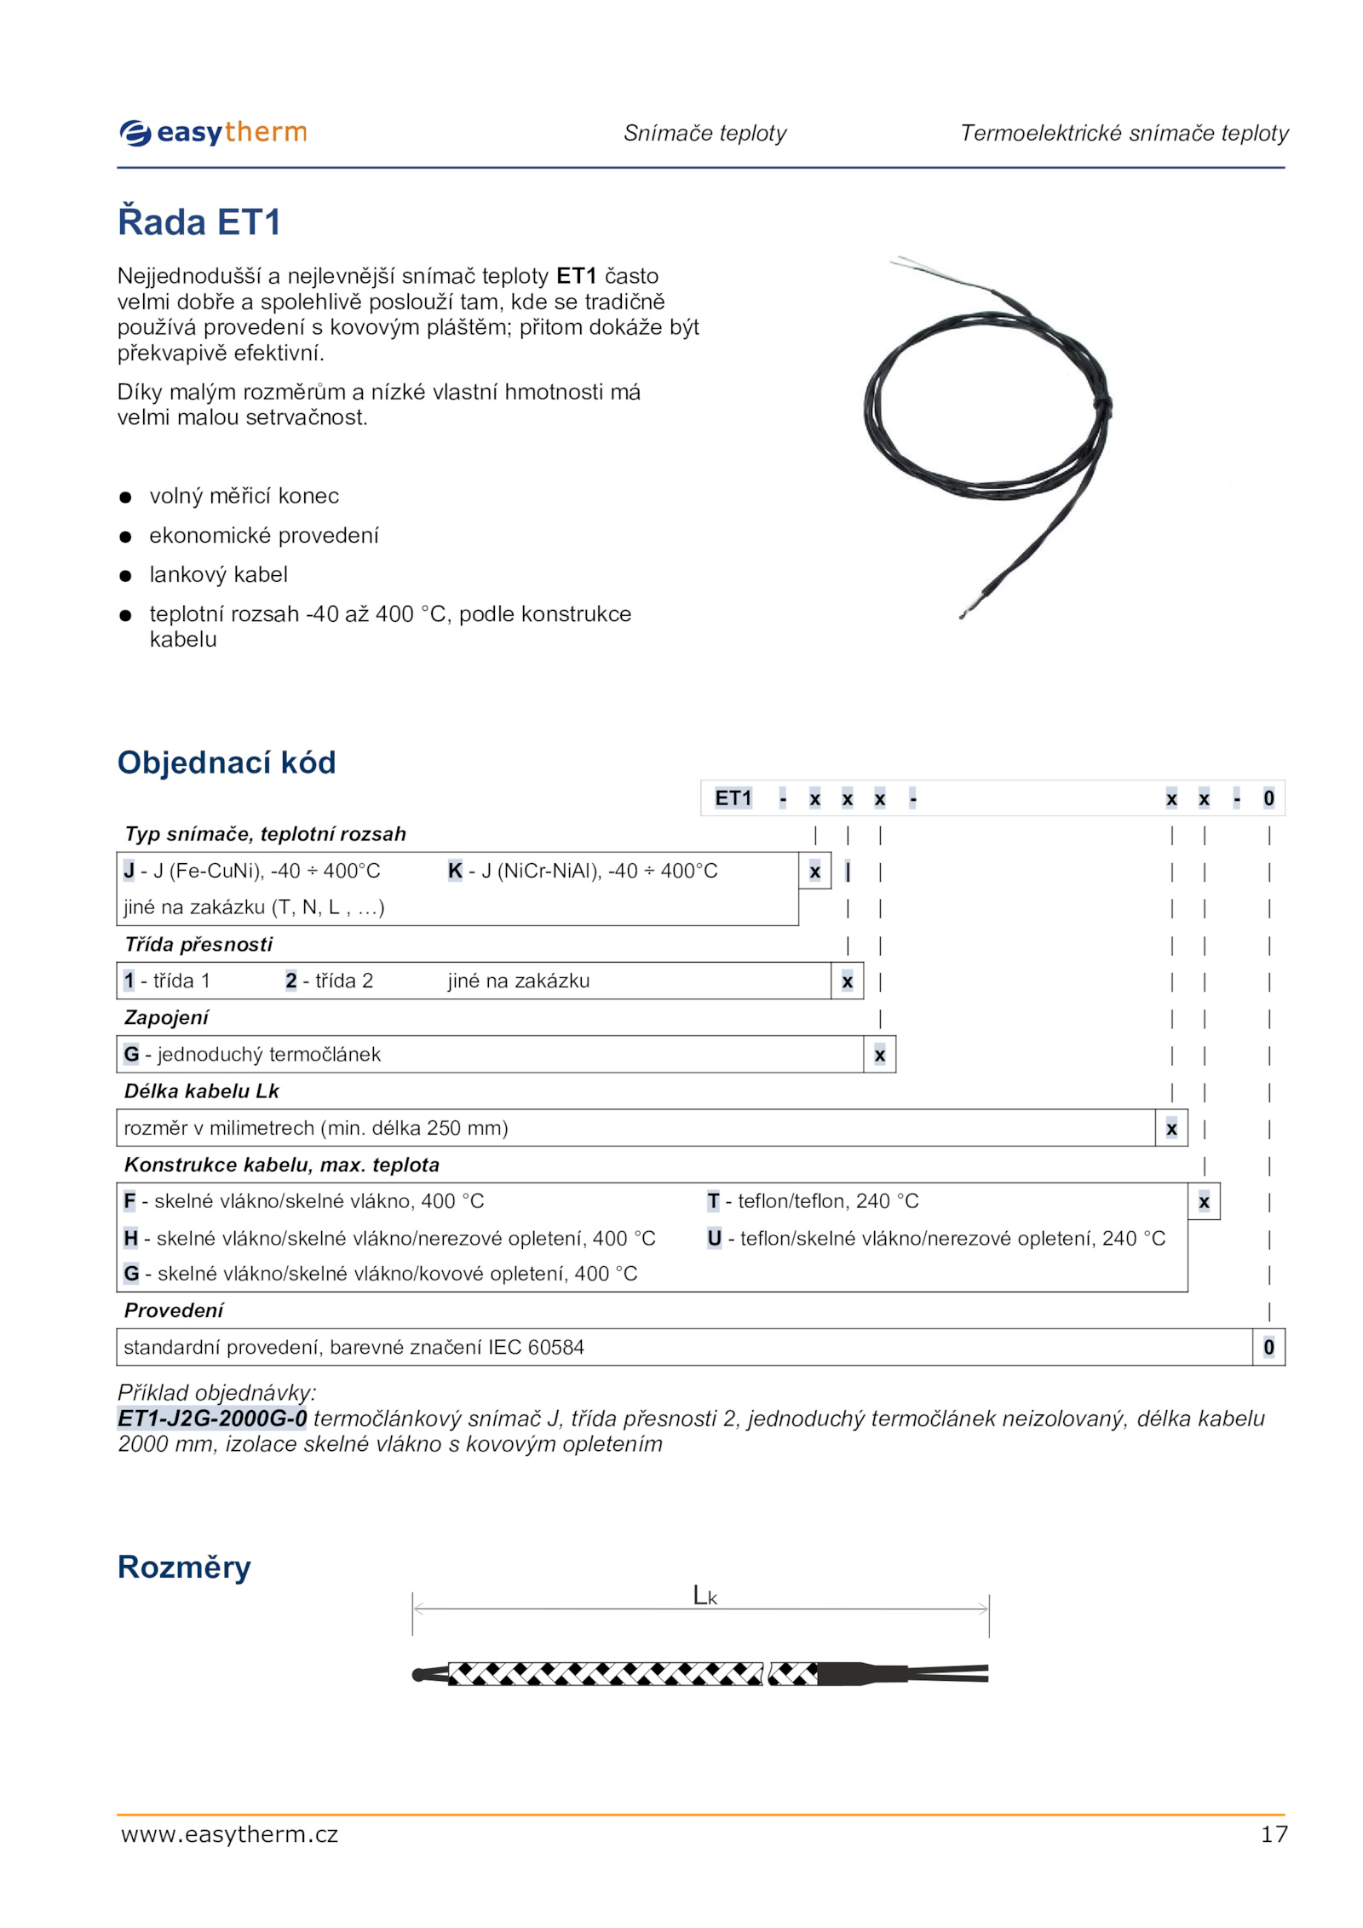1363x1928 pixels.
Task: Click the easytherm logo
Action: click(x=213, y=133)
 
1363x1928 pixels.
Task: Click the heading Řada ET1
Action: click(x=199, y=222)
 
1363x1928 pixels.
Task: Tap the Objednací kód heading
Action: click(x=227, y=763)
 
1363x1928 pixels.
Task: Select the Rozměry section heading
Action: click(x=184, y=1567)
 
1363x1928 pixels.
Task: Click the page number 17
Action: click(x=1274, y=1834)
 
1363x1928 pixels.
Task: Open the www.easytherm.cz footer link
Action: click(x=229, y=1834)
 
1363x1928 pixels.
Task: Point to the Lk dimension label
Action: click(x=705, y=1596)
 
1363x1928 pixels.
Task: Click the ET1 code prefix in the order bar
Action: click(x=733, y=798)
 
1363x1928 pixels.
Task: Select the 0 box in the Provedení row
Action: click(x=1268, y=1347)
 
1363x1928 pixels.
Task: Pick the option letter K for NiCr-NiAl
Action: click(x=455, y=871)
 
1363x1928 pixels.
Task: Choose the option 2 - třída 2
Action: click(x=329, y=981)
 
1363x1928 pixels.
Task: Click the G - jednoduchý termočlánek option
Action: click(x=252, y=1055)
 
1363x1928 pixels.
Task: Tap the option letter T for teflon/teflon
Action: click(x=713, y=1201)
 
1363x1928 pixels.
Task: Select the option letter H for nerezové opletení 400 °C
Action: click(x=130, y=1238)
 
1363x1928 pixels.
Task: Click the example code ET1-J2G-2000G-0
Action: click(x=212, y=1419)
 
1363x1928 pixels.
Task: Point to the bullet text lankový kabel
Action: click(x=218, y=575)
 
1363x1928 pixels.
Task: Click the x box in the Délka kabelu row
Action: click(x=1171, y=1129)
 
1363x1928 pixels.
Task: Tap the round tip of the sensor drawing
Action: click(x=418, y=1675)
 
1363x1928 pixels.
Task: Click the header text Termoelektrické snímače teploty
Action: click(x=1124, y=133)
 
